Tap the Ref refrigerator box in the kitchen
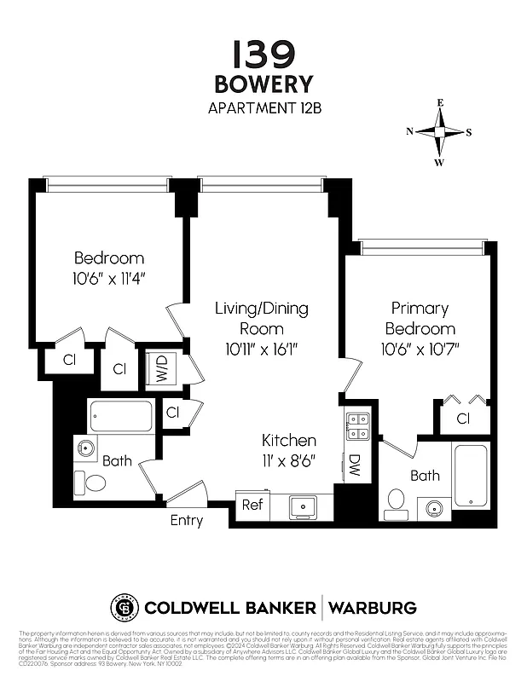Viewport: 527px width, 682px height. (x=251, y=504)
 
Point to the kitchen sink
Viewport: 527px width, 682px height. (x=303, y=506)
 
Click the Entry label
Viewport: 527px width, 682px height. (x=187, y=520)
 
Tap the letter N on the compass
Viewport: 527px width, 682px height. (x=410, y=131)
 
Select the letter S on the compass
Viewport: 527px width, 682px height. (x=469, y=132)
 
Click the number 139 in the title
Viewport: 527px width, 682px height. (x=263, y=55)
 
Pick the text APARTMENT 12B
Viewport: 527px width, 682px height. (x=263, y=108)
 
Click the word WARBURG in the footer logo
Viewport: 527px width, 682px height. (x=373, y=608)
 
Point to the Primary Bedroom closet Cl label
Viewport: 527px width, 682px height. (x=464, y=419)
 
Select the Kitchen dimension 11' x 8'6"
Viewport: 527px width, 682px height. (x=289, y=460)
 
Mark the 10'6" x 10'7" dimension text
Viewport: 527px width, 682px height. (x=420, y=349)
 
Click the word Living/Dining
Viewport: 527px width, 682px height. (x=261, y=308)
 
